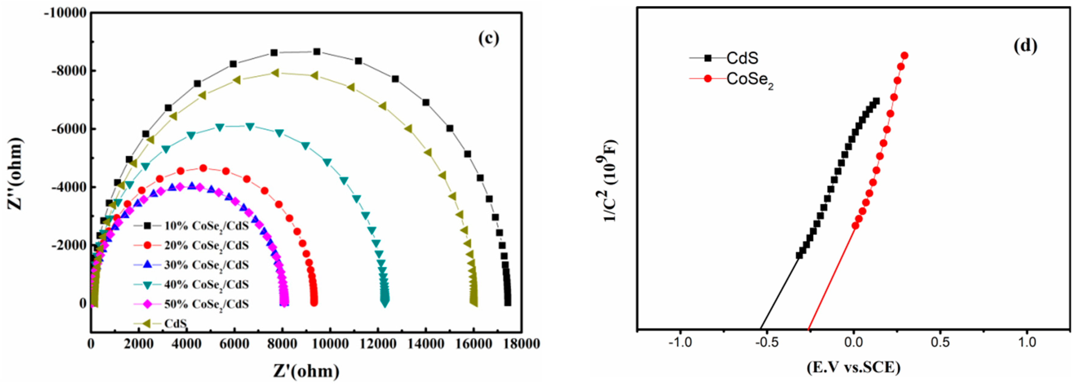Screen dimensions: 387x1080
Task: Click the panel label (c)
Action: (489, 39)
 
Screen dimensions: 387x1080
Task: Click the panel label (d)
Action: (1026, 45)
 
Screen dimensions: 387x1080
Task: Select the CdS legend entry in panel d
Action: (742, 58)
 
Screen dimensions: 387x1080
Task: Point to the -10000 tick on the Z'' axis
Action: (65, 13)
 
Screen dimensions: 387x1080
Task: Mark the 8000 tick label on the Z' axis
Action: (282, 344)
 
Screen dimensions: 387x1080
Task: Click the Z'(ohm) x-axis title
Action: (306, 371)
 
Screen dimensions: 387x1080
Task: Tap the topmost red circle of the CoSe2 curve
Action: (904, 56)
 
